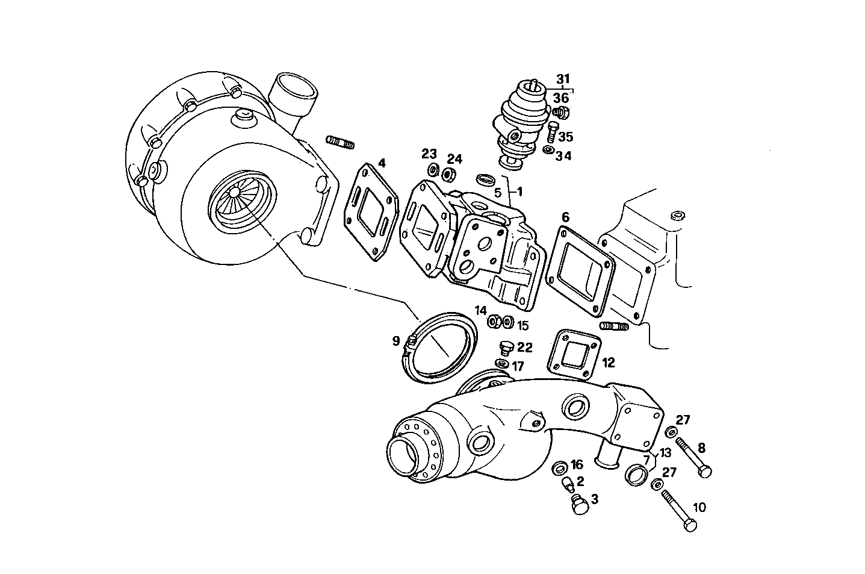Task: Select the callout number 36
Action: click(560, 98)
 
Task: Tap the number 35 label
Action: click(565, 137)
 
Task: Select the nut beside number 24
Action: click(447, 175)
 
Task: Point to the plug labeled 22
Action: click(506, 348)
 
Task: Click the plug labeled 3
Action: click(578, 504)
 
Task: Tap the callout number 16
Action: click(577, 464)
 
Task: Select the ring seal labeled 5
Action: click(485, 179)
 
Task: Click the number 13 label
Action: click(665, 453)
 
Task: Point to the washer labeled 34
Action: click(548, 150)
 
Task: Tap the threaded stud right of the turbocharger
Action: click(340, 143)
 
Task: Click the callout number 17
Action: click(518, 366)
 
